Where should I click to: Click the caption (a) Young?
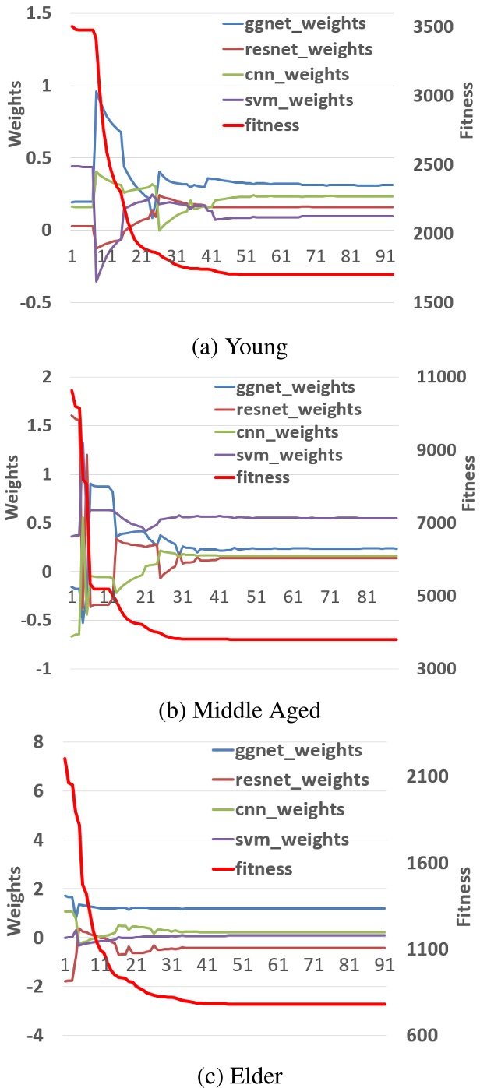coord(239,344)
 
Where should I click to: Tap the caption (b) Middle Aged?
coord(239,710)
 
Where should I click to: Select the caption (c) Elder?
coord(239,1075)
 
